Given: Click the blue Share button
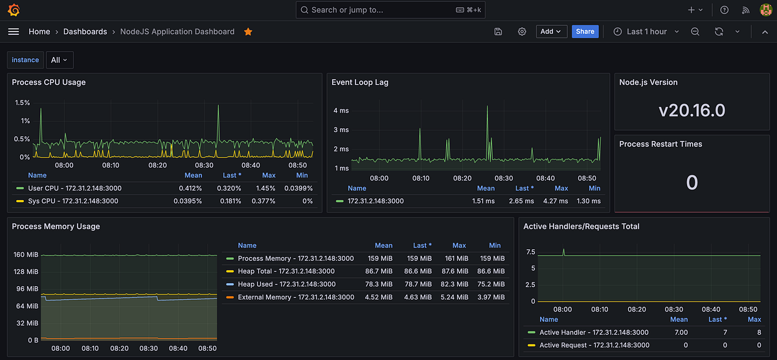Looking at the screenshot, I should [585, 32].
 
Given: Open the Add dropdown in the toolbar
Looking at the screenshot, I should [551, 32].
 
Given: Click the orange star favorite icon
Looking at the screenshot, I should [248, 32].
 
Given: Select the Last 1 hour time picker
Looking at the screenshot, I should [646, 32].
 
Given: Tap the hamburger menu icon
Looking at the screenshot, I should [14, 32].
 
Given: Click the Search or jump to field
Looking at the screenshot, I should [390, 10].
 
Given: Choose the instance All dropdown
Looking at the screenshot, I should [59, 60].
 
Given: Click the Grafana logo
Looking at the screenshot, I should [14, 10].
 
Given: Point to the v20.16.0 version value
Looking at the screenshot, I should [692, 111].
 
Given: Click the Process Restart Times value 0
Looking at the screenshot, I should [692, 183].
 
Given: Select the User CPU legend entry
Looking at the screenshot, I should [74, 188].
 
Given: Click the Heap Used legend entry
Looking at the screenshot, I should [286, 284].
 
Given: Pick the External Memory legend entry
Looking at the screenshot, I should [296, 297].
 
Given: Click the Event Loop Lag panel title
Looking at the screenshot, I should [359, 83].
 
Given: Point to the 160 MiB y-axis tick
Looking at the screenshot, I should [27, 255].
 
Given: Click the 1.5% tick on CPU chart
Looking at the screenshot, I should [22, 103].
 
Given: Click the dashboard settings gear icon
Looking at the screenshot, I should [522, 32].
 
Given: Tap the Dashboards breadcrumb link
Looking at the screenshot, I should [85, 32].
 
